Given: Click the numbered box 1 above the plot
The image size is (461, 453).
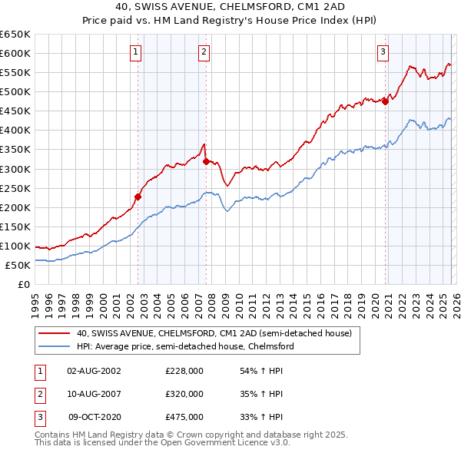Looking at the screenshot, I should [x=136, y=52].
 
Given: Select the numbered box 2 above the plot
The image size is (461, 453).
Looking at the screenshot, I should [x=204, y=52].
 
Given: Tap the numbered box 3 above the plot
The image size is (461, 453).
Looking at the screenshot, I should [x=383, y=52].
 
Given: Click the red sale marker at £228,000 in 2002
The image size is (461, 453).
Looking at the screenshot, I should [x=138, y=196].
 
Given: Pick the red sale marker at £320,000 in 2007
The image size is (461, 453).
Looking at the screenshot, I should [x=206, y=160].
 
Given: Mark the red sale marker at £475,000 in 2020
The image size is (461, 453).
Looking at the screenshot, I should [x=385, y=101].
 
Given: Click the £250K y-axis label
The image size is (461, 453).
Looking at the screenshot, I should [x=15, y=188].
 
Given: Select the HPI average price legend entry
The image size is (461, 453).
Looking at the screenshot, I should [x=185, y=346].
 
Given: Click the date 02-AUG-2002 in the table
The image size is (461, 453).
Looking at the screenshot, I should [x=94, y=371].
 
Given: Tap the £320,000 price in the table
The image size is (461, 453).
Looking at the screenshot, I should [x=184, y=394].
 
